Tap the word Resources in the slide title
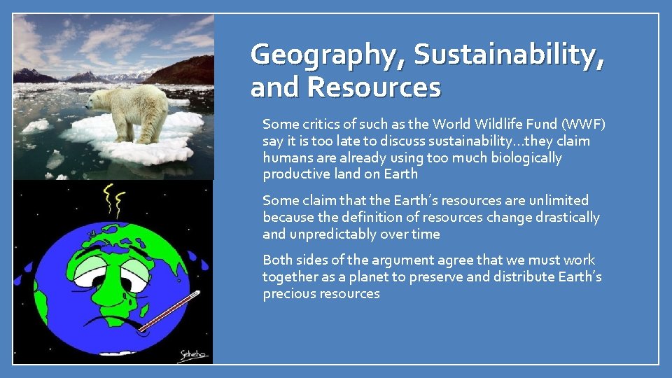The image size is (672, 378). point(374,87)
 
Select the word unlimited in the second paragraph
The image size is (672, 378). point(558,201)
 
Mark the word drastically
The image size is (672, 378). point(563,218)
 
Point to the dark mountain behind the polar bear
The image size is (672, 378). point(185,70)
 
